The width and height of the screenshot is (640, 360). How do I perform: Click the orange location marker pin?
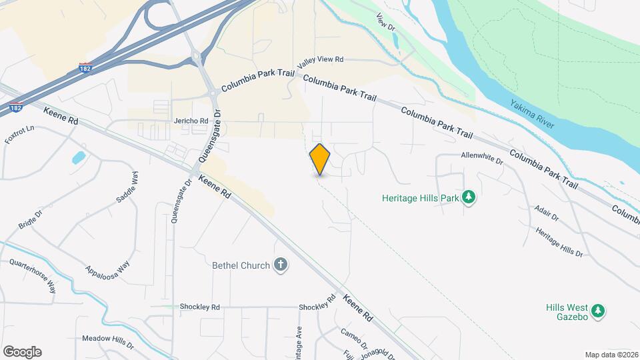[x=320, y=159]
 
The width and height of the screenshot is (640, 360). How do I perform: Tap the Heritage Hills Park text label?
[x=421, y=197]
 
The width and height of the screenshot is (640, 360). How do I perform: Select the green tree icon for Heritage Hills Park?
[x=469, y=197]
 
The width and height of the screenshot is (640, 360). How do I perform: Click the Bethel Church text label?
[x=241, y=265]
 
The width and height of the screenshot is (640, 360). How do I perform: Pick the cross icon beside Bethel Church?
[x=281, y=265]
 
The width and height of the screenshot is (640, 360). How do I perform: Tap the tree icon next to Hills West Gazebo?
[x=599, y=310]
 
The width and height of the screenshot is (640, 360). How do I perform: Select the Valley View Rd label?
[x=321, y=60]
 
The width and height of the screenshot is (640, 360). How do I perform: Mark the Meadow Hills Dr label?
[x=107, y=338]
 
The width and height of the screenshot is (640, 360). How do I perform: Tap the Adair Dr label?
[x=546, y=213]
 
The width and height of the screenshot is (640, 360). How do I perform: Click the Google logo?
[x=22, y=351]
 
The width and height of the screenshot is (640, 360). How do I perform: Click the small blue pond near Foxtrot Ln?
[x=79, y=157]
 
